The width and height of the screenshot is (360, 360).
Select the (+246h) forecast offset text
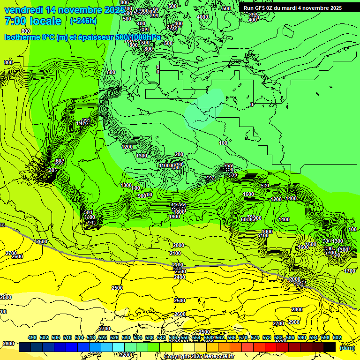[82, 21]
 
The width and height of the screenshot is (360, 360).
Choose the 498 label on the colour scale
[32, 337]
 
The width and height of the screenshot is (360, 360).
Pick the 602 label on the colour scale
[337, 337]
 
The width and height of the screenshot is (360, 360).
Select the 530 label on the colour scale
[126, 337]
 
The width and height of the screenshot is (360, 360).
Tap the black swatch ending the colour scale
[330, 347]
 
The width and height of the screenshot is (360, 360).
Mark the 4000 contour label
[202, 17]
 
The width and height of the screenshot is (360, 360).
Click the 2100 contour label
[175, 253]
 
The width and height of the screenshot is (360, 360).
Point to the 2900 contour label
[294, 322]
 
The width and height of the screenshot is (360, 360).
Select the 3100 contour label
[263, 235]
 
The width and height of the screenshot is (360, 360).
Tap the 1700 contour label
[350, 271]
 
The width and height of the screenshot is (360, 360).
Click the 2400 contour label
[179, 277]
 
